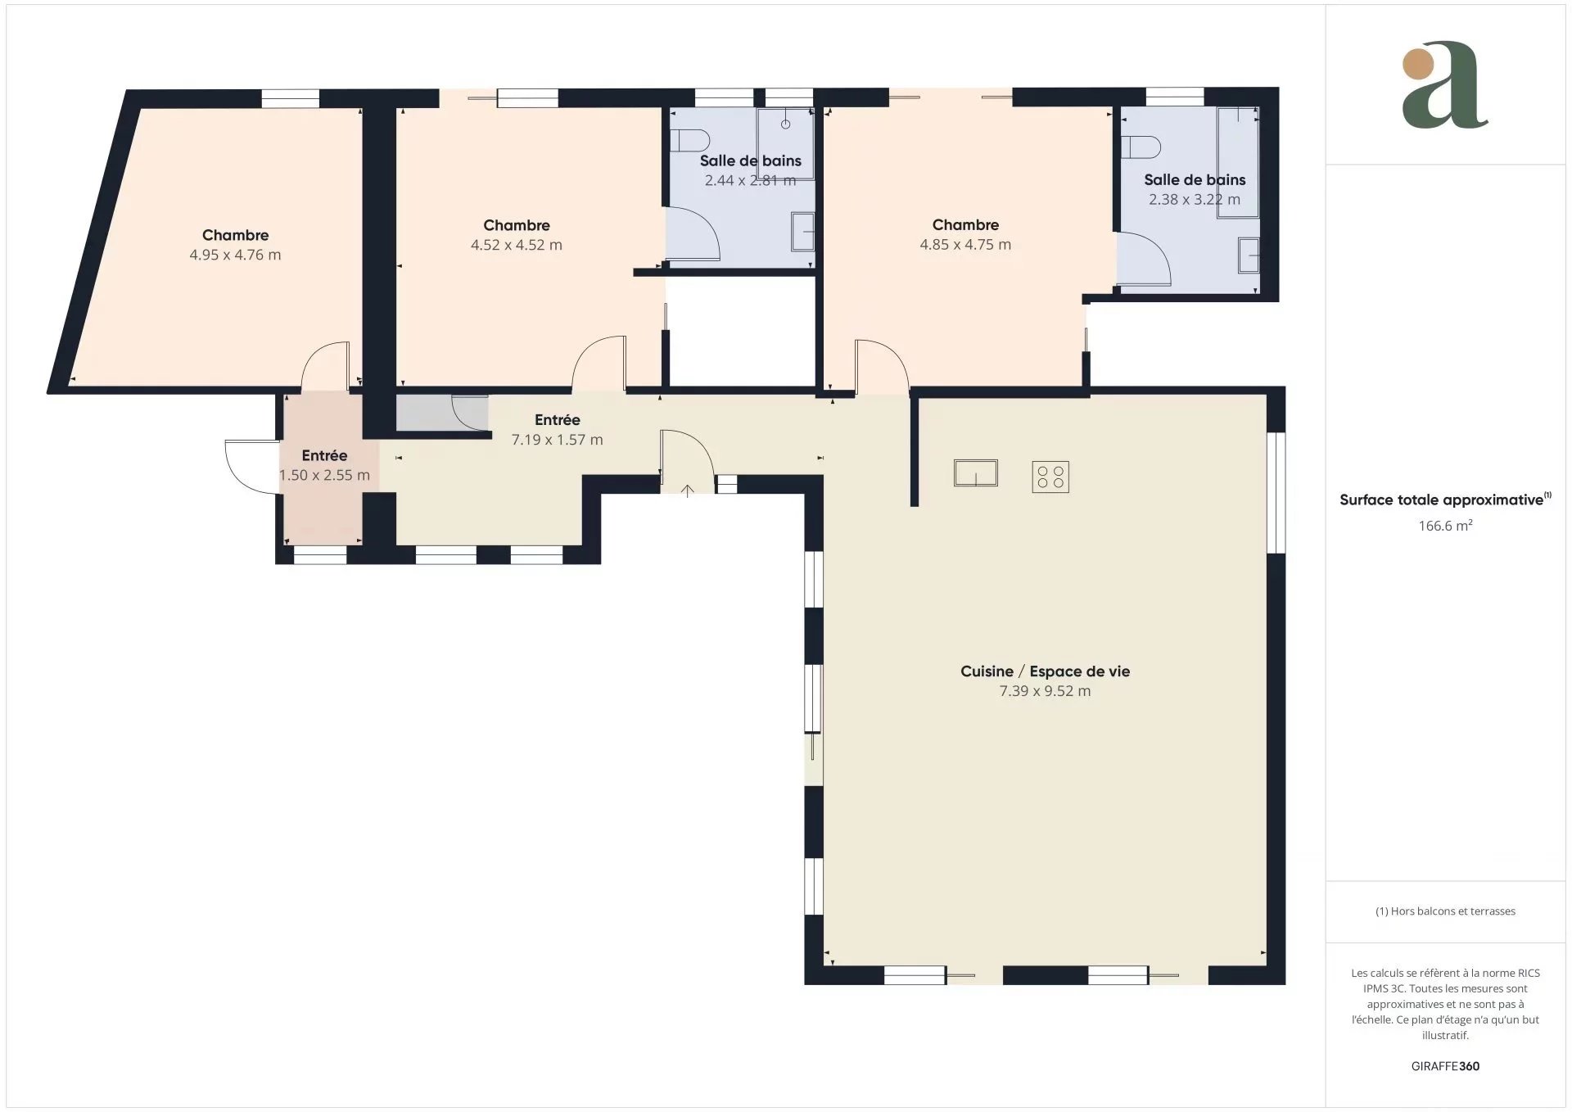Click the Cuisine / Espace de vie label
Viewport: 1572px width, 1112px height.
tap(1045, 671)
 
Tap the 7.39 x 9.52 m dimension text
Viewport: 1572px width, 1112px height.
tap(1045, 691)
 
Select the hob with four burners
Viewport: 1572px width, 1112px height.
tap(1050, 477)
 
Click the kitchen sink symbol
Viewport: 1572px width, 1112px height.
tap(976, 473)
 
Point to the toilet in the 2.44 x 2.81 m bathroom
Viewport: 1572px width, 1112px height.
tap(689, 140)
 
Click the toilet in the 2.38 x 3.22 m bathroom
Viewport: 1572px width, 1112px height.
tap(1141, 147)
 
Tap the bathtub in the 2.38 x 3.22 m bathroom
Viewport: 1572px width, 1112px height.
tap(1237, 162)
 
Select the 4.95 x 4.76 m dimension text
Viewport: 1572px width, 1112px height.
tap(236, 255)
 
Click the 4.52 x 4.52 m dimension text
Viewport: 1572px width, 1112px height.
tap(517, 245)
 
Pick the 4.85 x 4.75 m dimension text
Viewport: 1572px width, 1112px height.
tap(965, 244)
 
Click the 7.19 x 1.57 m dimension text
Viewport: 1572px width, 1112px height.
tap(558, 440)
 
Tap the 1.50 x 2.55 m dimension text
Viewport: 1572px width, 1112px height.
tap(324, 475)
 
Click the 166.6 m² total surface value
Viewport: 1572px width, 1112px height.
tap(1445, 526)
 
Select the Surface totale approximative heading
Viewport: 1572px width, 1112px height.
tap(1445, 499)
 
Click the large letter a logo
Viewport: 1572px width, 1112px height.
tap(1445, 85)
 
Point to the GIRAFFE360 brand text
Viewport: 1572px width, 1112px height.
tap(1445, 1066)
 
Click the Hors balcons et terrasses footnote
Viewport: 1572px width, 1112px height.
tap(1445, 911)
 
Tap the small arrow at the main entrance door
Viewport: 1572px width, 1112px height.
tap(688, 490)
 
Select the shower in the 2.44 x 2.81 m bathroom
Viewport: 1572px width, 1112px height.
tap(785, 143)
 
